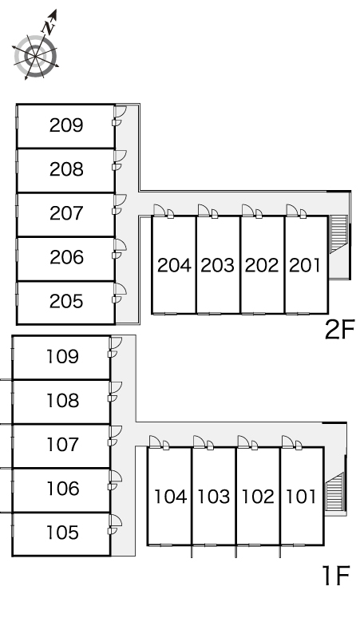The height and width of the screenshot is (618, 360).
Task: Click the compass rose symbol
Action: (36, 57)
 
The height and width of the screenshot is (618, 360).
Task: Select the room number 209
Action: (66, 125)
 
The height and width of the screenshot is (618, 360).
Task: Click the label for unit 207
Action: (66, 213)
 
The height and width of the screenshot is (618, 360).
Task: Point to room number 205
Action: (66, 302)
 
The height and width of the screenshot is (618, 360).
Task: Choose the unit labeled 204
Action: (174, 265)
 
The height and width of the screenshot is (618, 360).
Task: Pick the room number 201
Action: (305, 265)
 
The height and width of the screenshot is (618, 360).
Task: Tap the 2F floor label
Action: (340, 330)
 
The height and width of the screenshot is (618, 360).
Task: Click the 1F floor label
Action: (336, 576)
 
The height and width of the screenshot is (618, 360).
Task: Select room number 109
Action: (62, 357)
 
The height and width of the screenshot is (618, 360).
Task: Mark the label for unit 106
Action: (62, 489)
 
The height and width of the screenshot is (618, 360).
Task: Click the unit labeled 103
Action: (213, 497)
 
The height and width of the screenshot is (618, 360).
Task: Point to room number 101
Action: (301, 497)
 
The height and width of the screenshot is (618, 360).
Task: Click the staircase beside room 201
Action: (338, 234)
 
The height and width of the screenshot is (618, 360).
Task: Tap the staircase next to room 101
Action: (334, 491)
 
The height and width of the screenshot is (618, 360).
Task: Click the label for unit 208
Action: (66, 169)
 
